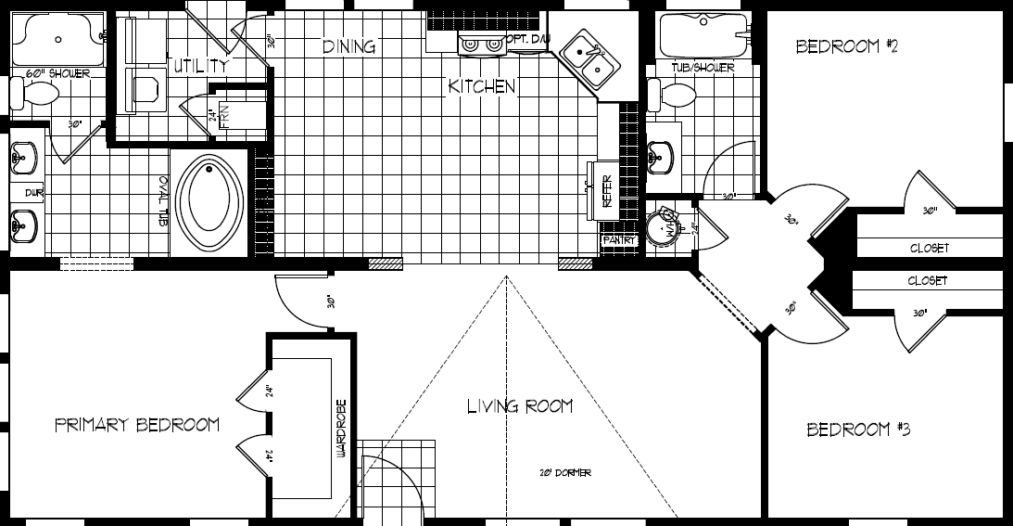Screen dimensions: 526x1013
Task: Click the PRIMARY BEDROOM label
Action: [137, 425]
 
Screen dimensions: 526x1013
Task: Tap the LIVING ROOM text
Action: [519, 406]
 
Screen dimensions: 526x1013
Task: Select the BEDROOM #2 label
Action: [847, 46]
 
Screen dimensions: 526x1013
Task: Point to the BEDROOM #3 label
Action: [858, 430]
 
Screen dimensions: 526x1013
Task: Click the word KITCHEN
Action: [481, 86]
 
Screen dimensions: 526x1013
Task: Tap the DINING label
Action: [348, 46]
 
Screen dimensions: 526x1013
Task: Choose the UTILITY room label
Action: [198, 66]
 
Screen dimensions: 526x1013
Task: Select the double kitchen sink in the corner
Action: [590, 54]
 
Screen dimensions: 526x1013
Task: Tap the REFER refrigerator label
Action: [608, 195]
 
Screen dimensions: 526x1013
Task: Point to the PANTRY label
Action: [619, 240]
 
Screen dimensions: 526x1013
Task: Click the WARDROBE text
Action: [342, 429]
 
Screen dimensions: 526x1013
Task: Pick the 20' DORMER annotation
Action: [565, 473]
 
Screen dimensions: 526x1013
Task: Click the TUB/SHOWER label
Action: [703, 68]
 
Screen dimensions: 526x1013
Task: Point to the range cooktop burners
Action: [482, 42]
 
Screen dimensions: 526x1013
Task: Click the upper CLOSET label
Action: [929, 249]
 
